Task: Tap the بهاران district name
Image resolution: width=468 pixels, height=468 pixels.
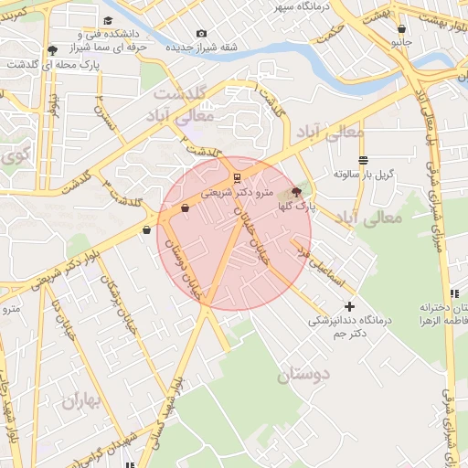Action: tap(85, 399)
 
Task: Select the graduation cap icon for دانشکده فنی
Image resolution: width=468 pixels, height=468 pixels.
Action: tap(108, 20)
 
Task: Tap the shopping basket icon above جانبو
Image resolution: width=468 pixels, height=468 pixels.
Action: tap(401, 28)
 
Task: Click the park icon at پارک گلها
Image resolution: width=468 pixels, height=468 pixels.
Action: tap(294, 192)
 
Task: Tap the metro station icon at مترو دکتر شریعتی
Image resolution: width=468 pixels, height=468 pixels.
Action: tap(237, 177)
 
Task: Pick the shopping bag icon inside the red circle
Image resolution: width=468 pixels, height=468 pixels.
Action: tap(186, 208)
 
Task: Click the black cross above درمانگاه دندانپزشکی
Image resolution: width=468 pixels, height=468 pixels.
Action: tap(348, 306)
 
